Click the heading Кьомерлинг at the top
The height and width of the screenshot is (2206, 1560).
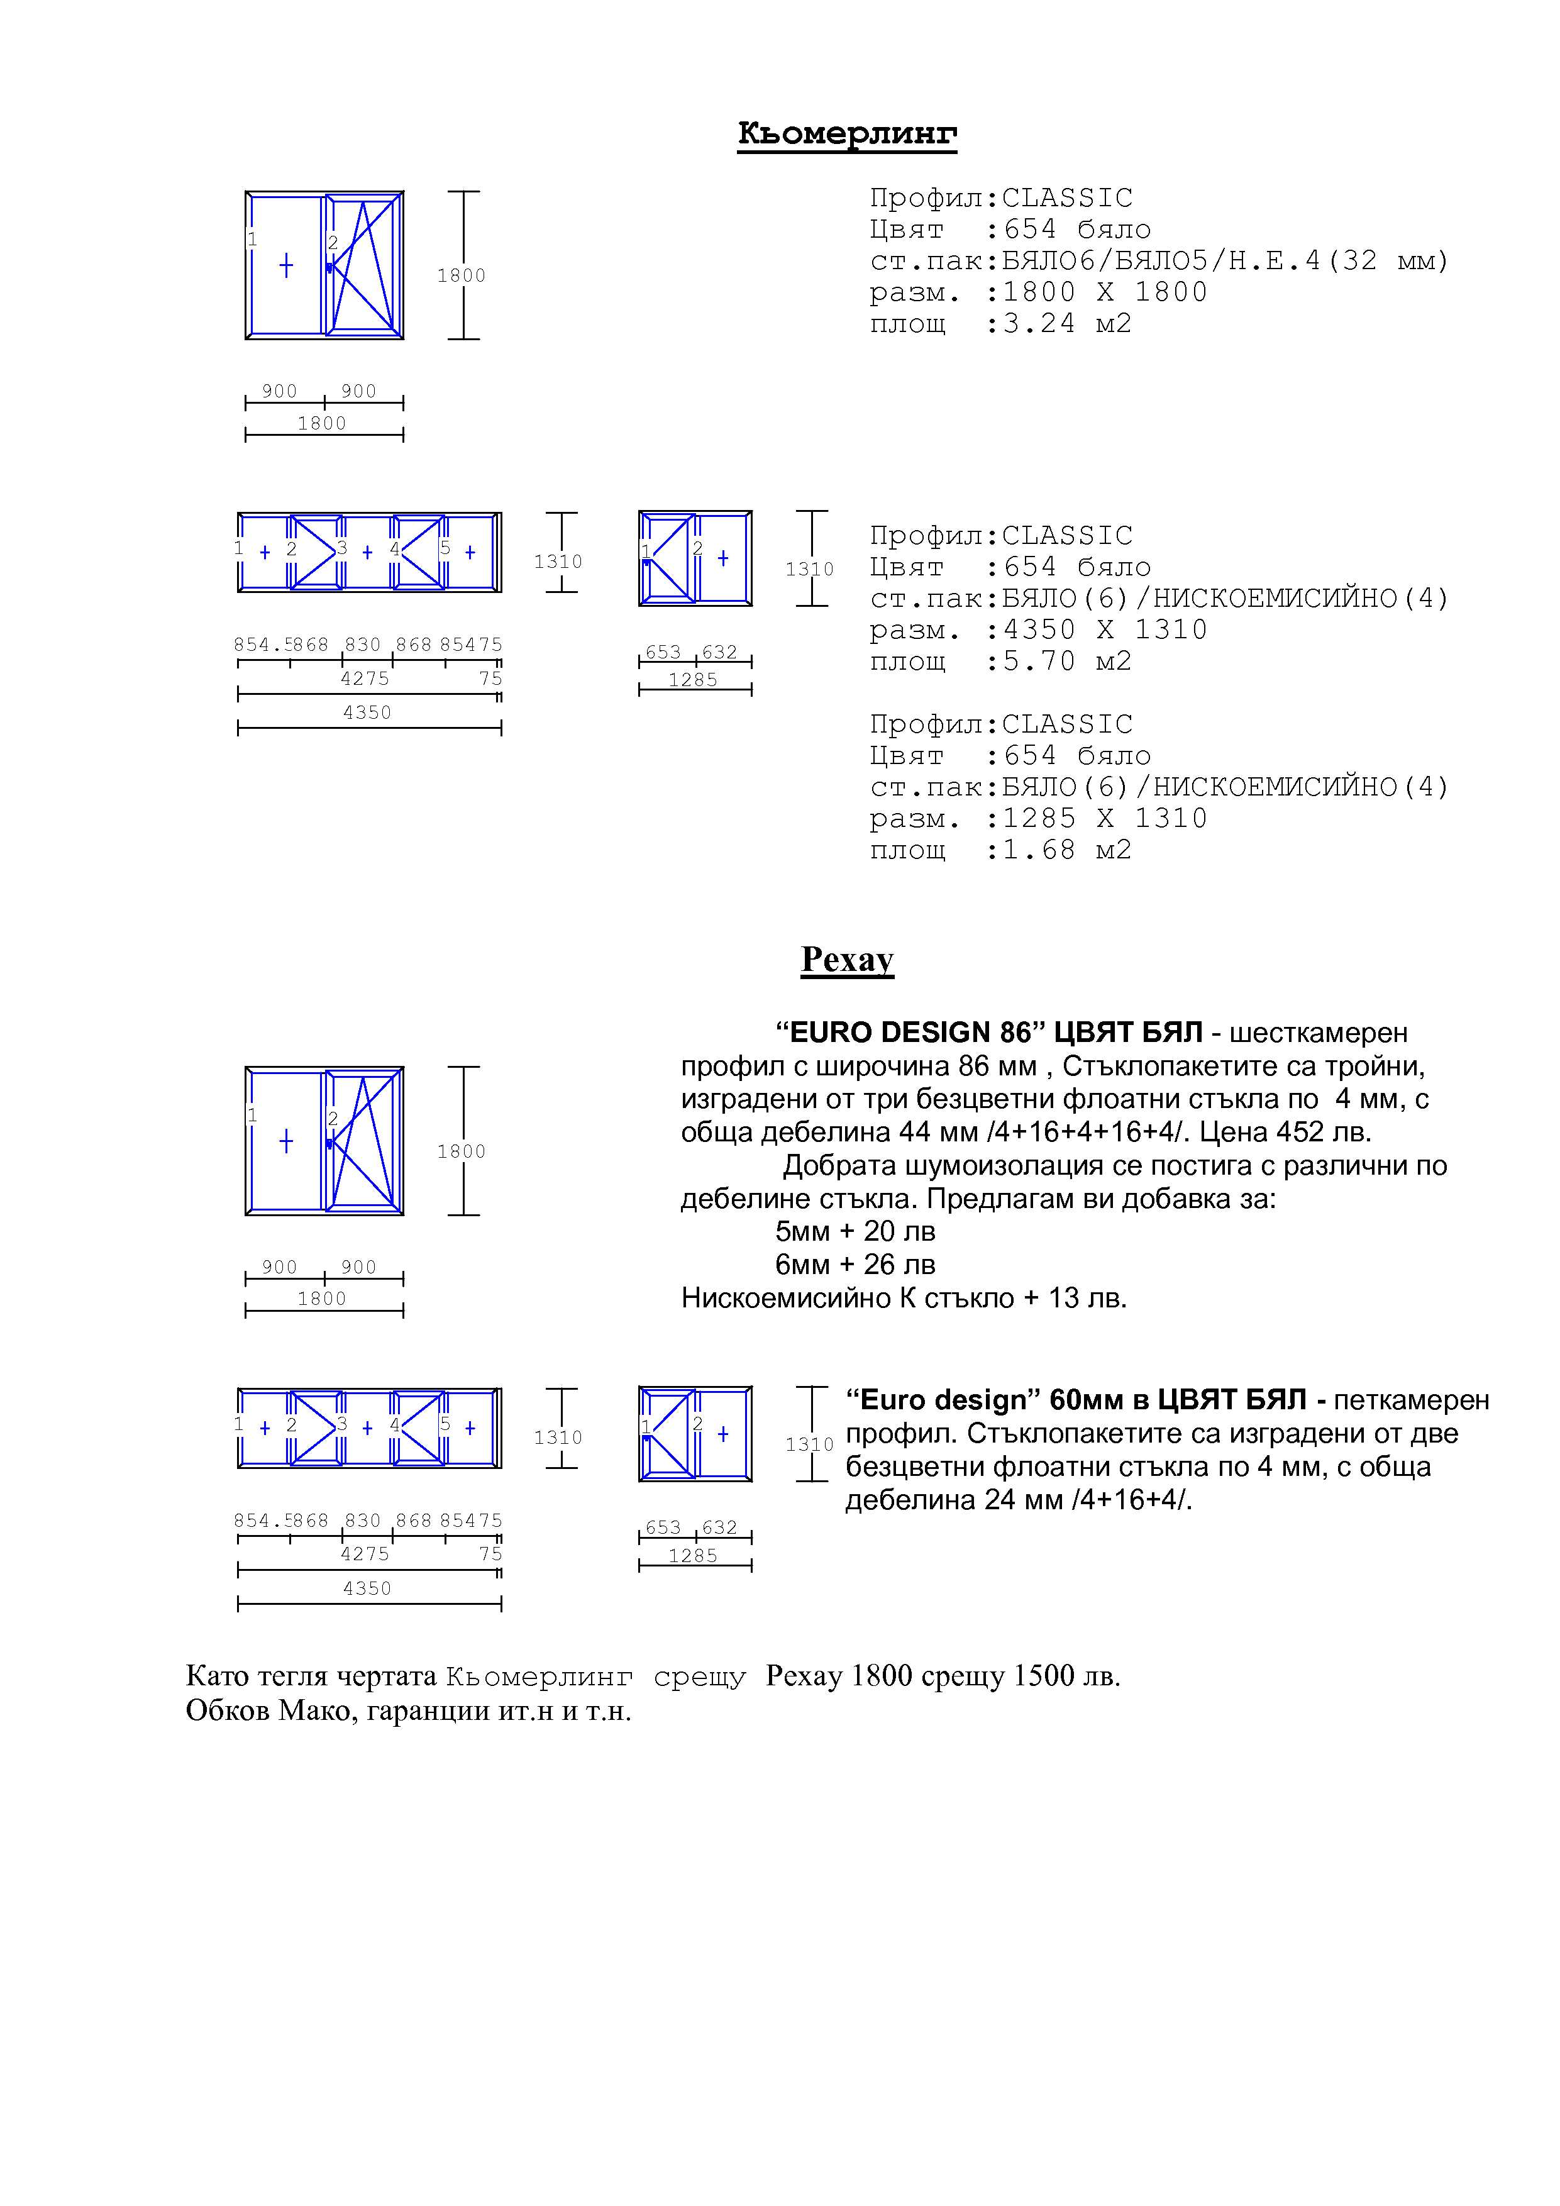click(846, 133)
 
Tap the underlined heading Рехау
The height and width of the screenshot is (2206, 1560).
click(847, 959)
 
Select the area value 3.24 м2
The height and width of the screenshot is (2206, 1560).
click(1067, 324)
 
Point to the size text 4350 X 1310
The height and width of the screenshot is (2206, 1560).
click(1105, 630)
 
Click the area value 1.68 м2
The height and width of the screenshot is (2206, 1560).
click(1067, 850)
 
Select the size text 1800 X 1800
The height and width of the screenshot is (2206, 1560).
click(1105, 292)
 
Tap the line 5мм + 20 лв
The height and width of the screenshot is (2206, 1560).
click(855, 1232)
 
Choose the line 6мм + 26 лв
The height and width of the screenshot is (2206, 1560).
click(855, 1265)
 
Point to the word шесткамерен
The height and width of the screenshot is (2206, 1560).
click(1319, 1033)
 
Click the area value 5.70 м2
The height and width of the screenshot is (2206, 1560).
click(1067, 662)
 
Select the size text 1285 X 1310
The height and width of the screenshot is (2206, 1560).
click(1105, 819)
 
